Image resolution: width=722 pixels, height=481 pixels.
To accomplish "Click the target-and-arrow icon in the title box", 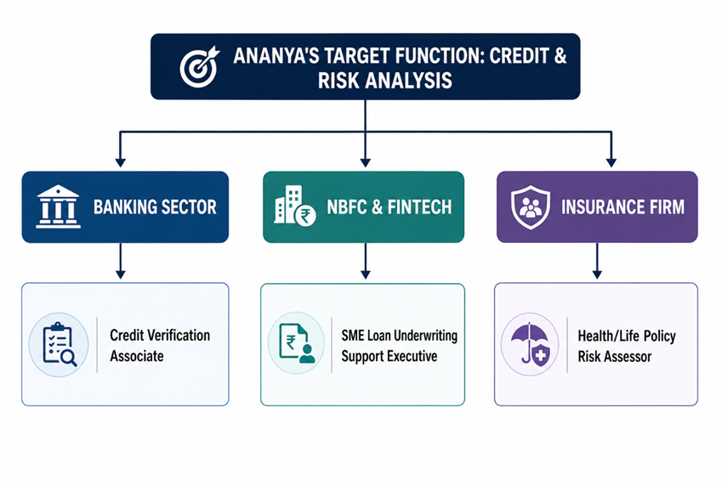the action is (199, 67).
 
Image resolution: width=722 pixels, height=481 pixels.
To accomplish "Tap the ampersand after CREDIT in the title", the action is (560, 56).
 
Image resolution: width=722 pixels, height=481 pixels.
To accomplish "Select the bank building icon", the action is (58, 207).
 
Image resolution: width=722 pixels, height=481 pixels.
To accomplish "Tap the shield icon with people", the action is (531, 207).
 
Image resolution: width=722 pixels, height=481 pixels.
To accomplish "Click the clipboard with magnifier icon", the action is (60, 344).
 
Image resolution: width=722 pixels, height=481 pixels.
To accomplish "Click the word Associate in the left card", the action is (137, 356).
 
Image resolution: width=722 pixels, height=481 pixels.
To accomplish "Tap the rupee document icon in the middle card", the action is (297, 344).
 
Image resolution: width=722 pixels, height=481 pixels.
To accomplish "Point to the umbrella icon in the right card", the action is (531, 344).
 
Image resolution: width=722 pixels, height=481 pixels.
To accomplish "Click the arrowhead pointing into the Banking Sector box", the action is (121, 162).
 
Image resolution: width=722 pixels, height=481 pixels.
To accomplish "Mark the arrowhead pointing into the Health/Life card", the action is (597, 274).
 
